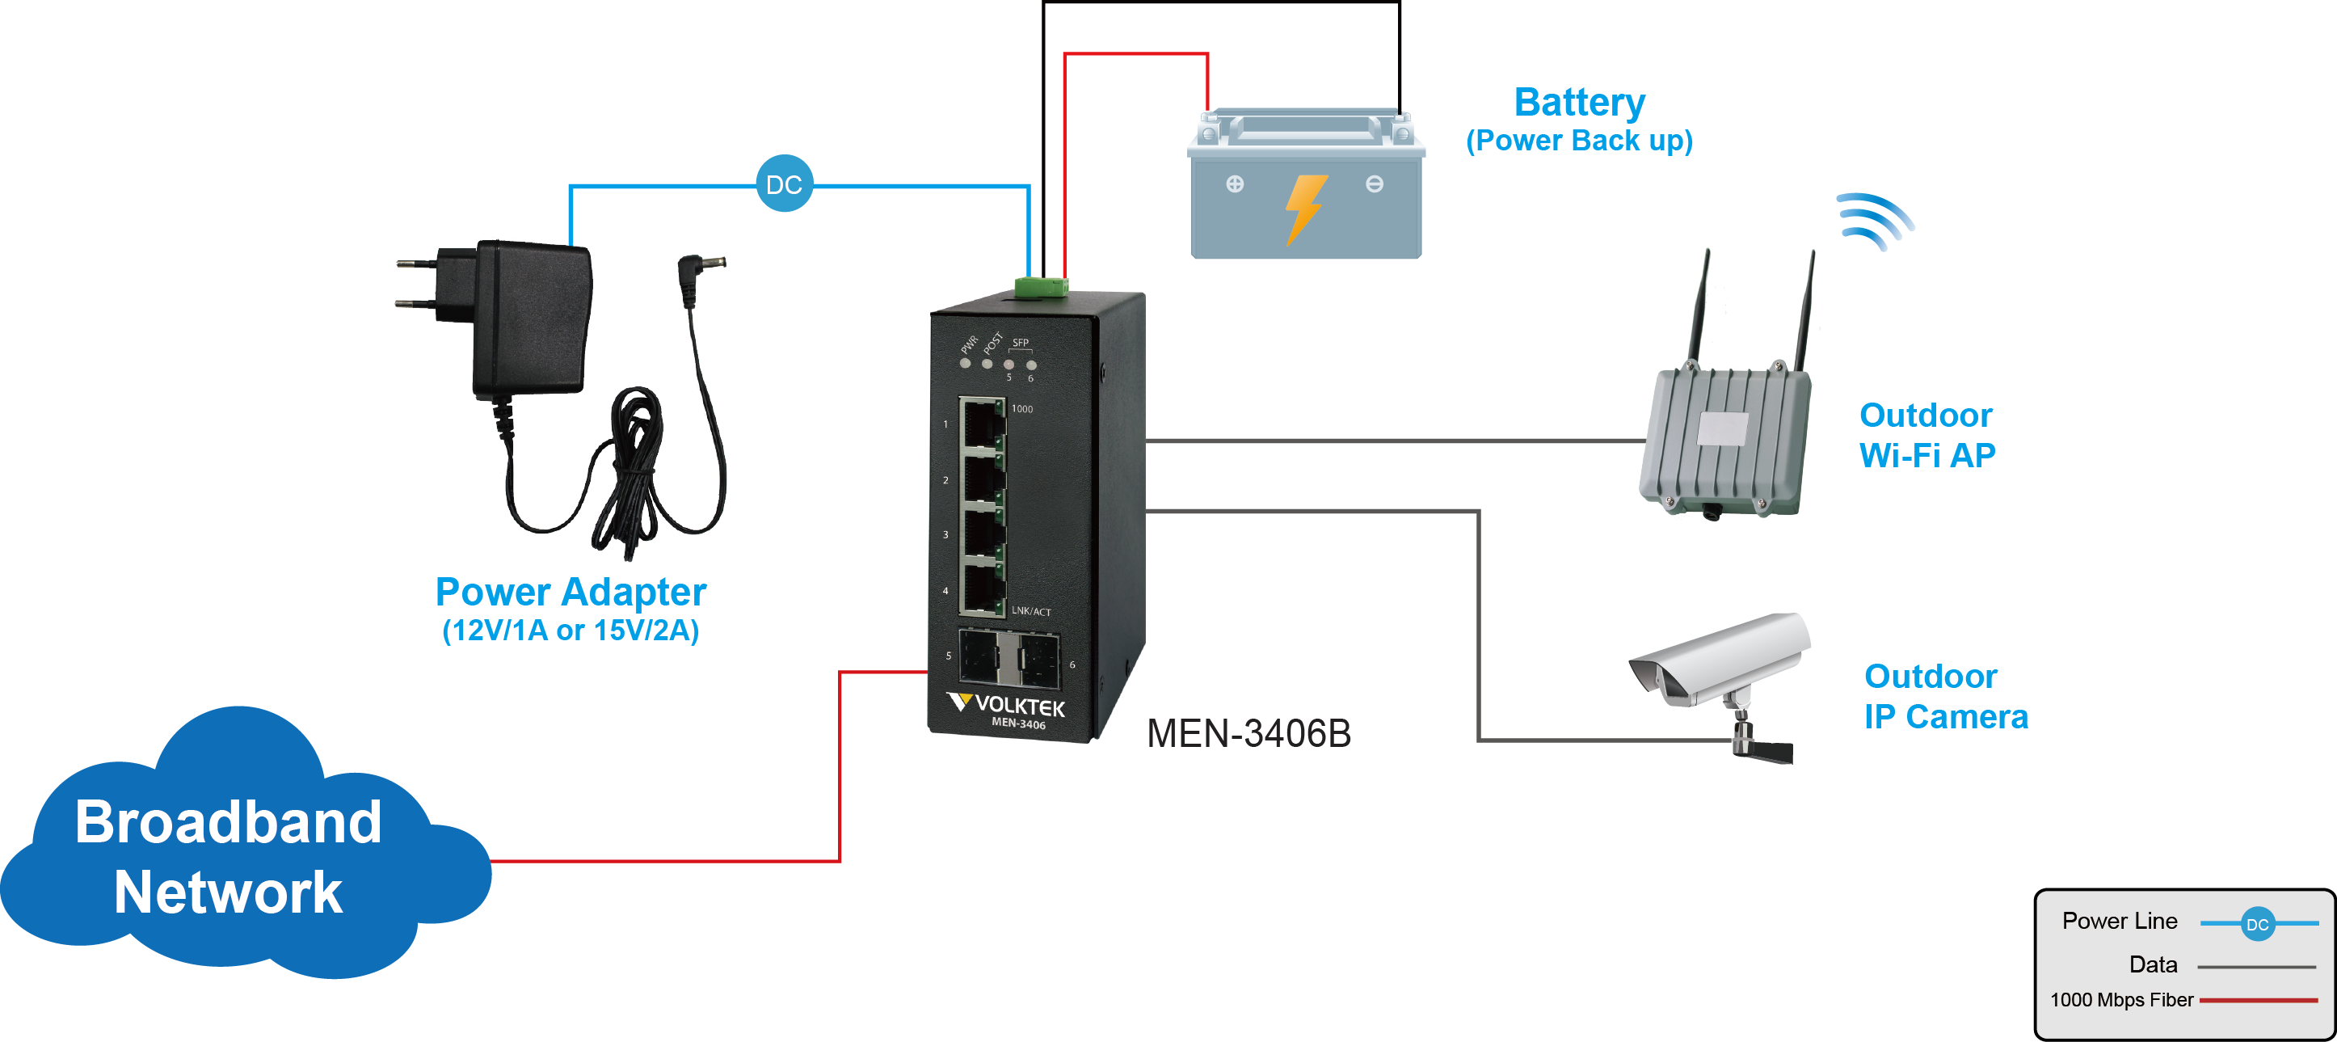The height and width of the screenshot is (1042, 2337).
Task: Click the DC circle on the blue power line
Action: pyautogui.click(x=784, y=184)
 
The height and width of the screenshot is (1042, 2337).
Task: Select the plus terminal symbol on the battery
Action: pyautogui.click(x=1235, y=184)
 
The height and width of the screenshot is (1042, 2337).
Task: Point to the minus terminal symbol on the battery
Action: pyautogui.click(x=1375, y=184)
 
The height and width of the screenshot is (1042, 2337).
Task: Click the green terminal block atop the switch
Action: pyautogui.click(x=1042, y=288)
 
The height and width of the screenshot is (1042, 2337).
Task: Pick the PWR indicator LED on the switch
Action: pyautogui.click(x=966, y=363)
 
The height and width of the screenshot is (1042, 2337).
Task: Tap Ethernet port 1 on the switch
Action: pyautogui.click(x=982, y=424)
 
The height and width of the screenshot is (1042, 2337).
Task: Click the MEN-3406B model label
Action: pyautogui.click(x=1249, y=733)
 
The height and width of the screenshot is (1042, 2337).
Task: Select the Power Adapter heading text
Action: pyautogui.click(x=571, y=592)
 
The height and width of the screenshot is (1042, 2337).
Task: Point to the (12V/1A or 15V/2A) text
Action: pyautogui.click(x=571, y=630)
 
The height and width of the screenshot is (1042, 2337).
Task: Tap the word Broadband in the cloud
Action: pyautogui.click(x=229, y=822)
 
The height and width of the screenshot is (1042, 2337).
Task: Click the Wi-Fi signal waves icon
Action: pyautogui.click(x=1874, y=221)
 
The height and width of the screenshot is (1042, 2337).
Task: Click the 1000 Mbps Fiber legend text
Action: pyautogui.click(x=2121, y=999)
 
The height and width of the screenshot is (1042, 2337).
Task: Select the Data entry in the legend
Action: pyautogui.click(x=2153, y=964)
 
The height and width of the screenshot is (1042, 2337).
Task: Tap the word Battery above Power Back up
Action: pyautogui.click(x=1580, y=102)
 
